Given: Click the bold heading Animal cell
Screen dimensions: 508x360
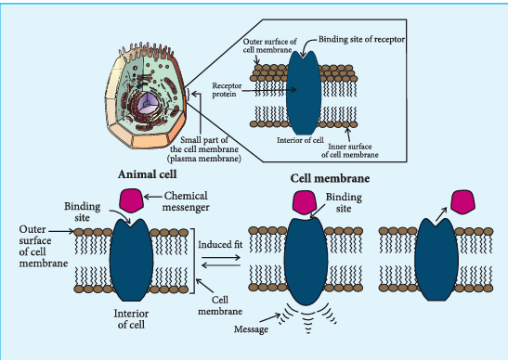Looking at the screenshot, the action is point(147,174).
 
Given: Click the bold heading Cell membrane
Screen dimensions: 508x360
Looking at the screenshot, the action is point(330,178).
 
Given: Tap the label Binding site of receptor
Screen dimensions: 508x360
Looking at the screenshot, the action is point(361,39).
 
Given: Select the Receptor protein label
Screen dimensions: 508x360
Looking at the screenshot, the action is point(227,90).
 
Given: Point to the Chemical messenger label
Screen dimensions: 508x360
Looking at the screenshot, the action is point(186,201).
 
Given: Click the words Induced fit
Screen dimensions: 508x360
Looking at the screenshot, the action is point(220,244).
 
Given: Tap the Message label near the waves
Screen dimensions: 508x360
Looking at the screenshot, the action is point(251,329).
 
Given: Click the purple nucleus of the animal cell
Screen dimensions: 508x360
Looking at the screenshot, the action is point(148,103).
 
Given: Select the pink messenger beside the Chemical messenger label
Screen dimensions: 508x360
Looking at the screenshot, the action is point(131,200).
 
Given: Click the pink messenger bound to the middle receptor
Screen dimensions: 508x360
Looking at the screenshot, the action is point(305,202).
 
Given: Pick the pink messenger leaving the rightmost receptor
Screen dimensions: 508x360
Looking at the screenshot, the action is point(463,202).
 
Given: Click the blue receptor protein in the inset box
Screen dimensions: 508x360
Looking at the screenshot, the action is point(304,93).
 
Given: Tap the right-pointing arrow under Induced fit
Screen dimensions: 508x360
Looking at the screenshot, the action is point(221,258).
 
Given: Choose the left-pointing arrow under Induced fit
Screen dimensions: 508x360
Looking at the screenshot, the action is point(221,265).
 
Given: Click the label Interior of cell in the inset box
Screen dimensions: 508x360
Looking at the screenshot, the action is point(300,140).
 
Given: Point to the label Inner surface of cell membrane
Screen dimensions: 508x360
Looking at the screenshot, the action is point(350,150).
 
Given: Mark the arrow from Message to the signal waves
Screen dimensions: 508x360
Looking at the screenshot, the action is point(270,317).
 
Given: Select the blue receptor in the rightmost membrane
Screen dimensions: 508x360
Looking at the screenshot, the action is point(436,260).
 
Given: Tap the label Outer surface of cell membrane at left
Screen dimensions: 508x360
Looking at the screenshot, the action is point(44,247).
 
